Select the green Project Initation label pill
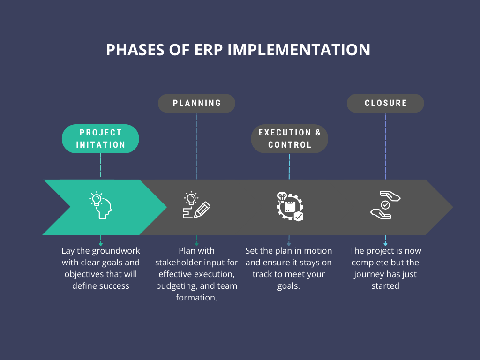[x=100, y=139]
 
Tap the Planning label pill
[x=196, y=103]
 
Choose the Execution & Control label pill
[x=289, y=139]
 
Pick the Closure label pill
[x=385, y=103]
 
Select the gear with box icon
[x=289, y=206]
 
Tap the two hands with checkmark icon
[x=385, y=205]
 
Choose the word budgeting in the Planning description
[x=175, y=285]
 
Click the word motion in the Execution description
[x=317, y=251]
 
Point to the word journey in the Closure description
[x=369, y=274]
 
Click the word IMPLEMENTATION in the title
[x=299, y=50]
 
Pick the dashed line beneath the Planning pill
[x=196, y=145]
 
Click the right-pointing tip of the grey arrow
[x=451, y=207]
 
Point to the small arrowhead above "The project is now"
[x=385, y=244]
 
